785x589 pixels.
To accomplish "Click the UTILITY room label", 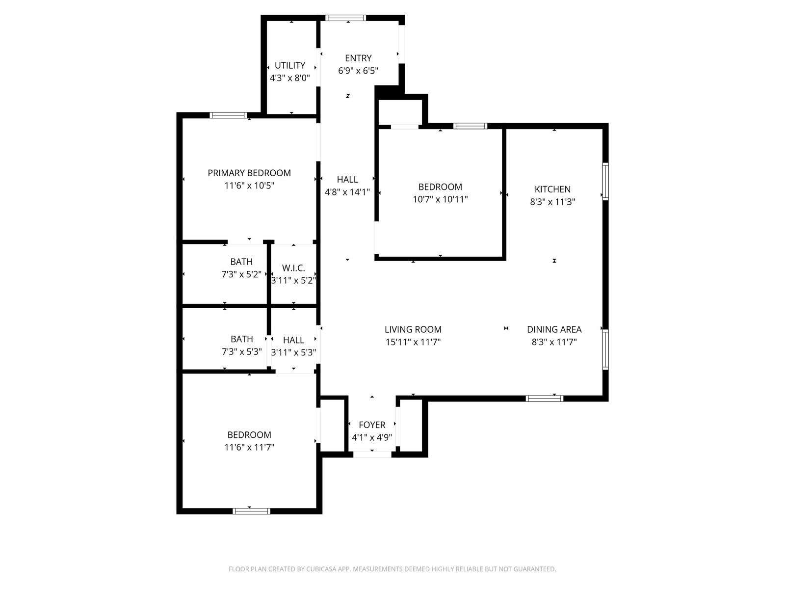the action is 289,65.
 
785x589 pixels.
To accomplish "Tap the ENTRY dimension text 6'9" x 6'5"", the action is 358,71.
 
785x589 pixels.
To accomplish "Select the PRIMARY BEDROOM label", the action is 249,173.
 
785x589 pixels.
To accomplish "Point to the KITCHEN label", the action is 552,189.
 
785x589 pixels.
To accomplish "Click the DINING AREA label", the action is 554,329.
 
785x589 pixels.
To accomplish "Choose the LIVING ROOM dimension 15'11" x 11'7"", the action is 413,342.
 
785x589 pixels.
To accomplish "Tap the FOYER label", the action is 372,425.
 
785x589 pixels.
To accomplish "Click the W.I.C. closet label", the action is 293,268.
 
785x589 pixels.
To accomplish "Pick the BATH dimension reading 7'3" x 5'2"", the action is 241,274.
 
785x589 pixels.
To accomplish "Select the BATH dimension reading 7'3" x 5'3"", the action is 242,352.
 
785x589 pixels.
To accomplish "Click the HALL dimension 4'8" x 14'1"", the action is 347,192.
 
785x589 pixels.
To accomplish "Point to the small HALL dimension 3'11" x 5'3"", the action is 293,352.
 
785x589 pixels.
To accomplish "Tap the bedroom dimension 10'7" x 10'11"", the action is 440,199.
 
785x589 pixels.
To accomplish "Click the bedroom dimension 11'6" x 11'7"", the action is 249,447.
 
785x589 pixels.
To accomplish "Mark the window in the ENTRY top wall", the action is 345,18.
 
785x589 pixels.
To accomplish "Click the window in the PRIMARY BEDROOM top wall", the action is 228,115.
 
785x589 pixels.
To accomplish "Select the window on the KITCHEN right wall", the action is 605,182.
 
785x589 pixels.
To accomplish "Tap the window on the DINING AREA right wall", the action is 605,349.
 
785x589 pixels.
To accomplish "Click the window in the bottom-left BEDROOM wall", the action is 251,511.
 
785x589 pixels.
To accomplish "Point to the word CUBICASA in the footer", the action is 321,569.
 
